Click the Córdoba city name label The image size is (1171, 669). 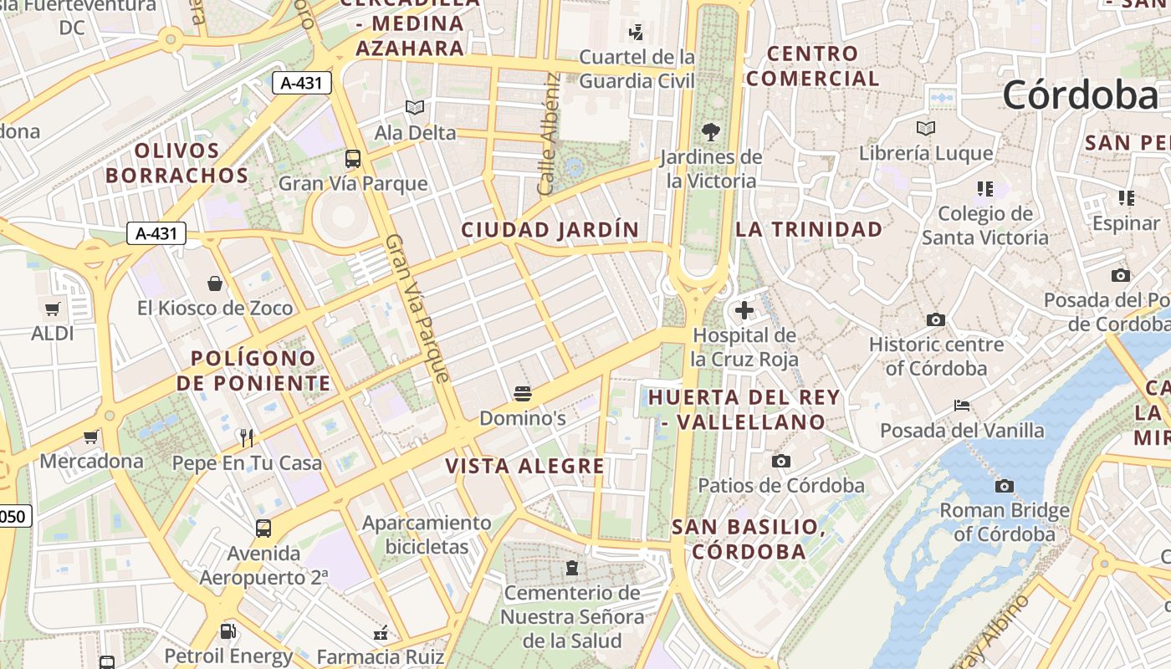(1081, 94)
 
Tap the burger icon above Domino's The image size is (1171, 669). (524, 394)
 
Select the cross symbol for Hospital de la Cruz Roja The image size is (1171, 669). (744, 311)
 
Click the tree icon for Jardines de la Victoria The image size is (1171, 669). (710, 132)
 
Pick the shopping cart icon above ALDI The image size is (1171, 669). (53, 309)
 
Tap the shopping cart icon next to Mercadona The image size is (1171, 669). (90, 437)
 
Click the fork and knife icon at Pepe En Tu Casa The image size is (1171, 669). (246, 437)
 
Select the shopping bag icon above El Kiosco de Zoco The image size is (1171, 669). (215, 283)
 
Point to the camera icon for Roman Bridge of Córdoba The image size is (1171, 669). (1004, 486)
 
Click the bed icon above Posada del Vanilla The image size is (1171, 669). (962, 406)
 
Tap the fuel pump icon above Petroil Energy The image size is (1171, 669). (228, 631)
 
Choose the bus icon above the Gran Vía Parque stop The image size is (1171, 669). (353, 158)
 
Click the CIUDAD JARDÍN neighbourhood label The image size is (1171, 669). (550, 229)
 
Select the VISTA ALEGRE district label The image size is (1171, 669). (524, 466)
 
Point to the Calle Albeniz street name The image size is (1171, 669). (549, 134)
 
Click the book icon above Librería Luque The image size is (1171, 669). (925, 129)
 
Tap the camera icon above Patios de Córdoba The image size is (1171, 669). (781, 461)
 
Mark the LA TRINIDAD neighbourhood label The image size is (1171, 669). (809, 229)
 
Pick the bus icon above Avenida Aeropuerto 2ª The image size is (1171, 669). (263, 528)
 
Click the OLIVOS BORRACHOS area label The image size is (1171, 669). (176, 163)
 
